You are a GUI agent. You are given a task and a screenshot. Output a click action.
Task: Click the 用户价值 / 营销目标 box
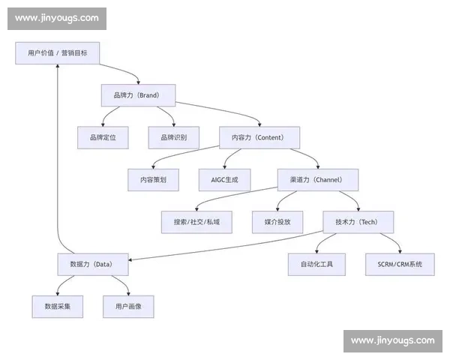(57, 53)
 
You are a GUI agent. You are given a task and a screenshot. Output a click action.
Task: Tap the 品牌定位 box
(103, 137)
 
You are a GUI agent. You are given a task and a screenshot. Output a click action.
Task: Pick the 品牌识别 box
(173, 137)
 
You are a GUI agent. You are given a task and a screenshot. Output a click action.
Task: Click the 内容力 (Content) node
(259, 137)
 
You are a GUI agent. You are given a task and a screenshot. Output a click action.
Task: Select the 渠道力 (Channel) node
(318, 180)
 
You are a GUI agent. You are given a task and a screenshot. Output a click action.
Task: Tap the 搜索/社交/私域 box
(197, 222)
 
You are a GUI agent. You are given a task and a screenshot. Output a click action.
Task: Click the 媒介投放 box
(277, 222)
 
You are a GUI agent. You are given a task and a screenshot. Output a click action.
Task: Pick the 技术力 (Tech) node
(358, 222)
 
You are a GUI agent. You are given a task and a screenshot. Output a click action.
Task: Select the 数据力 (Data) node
(93, 264)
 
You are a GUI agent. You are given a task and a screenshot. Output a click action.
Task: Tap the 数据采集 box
(57, 307)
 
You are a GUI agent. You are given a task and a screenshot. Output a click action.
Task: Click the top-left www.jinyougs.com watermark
(57, 18)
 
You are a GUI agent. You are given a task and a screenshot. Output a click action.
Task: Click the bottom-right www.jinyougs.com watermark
(392, 340)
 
